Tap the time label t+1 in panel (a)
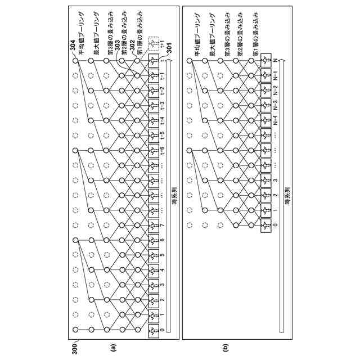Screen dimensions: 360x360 (x=163, y=43)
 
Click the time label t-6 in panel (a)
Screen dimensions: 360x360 (x=163, y=150)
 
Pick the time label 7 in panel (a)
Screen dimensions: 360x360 (x=163, y=226)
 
